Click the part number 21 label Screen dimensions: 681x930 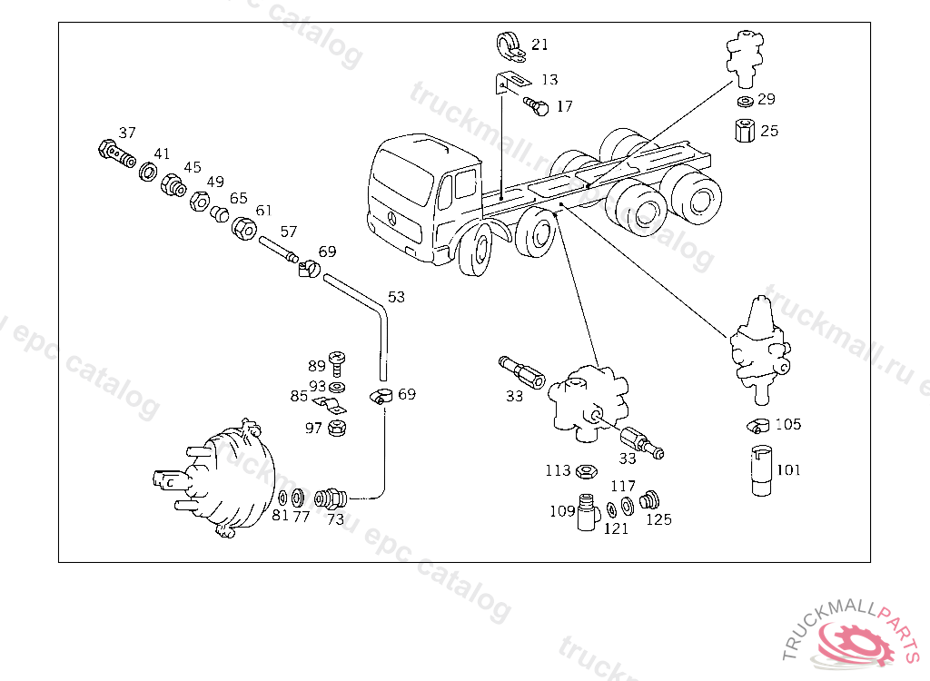540,44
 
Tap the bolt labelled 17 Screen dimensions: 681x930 536,107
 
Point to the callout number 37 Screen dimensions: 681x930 127,133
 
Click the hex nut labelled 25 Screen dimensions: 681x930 744,131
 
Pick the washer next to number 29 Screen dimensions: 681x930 744,100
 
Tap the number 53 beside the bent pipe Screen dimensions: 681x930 396,297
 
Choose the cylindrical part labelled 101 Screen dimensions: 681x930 762,470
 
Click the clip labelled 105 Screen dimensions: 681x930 759,424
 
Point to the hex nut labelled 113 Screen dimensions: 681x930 587,470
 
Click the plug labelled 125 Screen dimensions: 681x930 649,500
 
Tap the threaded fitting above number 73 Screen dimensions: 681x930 330,498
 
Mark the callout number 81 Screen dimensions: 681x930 280,516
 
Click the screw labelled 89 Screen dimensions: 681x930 338,363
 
